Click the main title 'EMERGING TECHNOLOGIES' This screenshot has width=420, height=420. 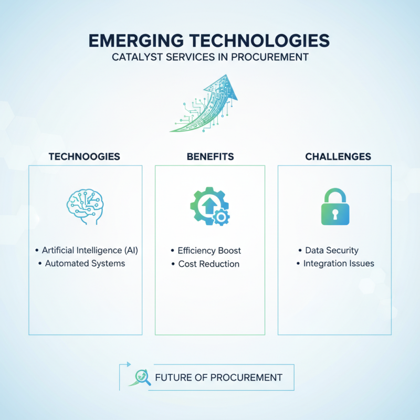tap(210, 40)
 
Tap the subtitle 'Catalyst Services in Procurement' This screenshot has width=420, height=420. tap(210, 57)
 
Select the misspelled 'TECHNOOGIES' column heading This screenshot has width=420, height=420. tap(84, 156)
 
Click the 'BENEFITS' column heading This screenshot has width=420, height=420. tap(210, 156)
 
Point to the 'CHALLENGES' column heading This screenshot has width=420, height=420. tap(338, 156)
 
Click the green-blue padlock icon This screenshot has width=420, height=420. tap(334, 207)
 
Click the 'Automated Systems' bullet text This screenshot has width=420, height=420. tap(85, 263)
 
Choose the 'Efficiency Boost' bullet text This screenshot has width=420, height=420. tap(209, 250)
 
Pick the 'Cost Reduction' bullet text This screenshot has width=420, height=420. tap(209, 264)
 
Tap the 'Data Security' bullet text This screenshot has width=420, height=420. tap(331, 250)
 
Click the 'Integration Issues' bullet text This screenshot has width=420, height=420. tap(339, 263)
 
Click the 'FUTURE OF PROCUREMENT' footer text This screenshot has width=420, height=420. tap(219, 377)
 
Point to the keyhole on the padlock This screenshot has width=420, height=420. tap(334, 212)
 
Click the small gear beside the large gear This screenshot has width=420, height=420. tap(222, 216)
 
